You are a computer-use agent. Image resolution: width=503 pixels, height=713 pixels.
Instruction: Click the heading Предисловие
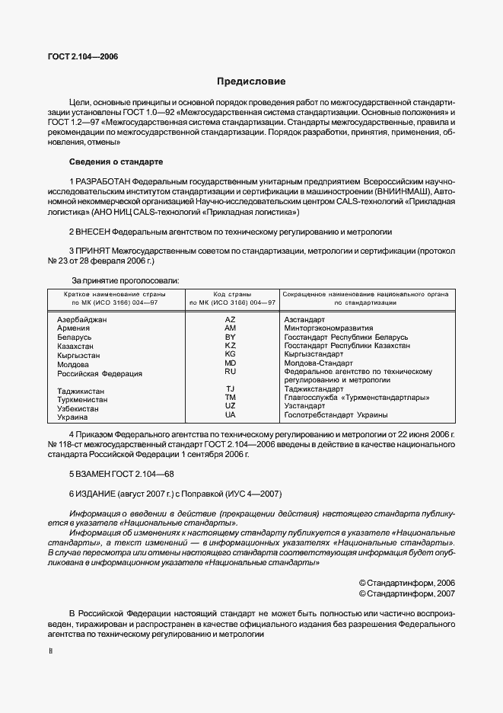point(251,81)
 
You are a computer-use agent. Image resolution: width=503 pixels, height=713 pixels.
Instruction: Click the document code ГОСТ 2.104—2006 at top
point(81,56)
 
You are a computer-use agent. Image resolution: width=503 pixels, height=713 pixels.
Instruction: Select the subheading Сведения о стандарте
point(115,161)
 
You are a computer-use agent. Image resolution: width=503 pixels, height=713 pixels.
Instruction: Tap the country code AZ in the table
point(231,319)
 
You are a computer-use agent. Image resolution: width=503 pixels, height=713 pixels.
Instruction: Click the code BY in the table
point(231,337)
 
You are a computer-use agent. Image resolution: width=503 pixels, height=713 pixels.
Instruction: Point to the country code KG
point(231,354)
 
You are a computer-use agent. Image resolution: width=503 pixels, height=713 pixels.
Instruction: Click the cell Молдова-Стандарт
point(318,363)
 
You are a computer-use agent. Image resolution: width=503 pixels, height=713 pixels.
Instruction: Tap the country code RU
point(231,372)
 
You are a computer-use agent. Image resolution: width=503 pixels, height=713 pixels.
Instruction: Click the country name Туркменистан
point(82,399)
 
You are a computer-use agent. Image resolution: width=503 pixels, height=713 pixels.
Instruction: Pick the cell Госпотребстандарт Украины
point(336,415)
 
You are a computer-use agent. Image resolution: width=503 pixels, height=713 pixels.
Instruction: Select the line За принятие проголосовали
point(125,281)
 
